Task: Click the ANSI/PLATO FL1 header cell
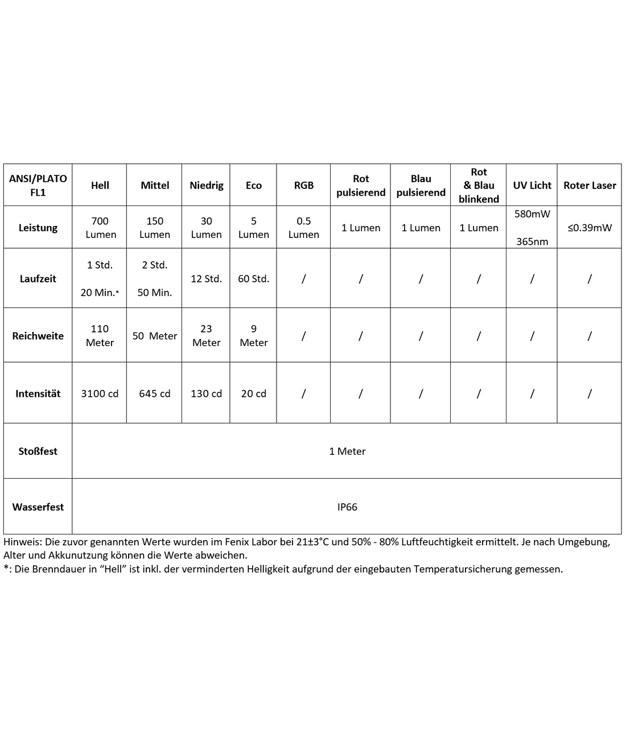point(38,185)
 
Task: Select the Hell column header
point(100,185)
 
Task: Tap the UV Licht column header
point(532,185)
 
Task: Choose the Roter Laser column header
point(590,185)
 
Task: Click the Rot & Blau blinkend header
point(479,185)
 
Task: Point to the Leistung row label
point(38,228)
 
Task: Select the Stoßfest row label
point(38,451)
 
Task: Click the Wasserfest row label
point(38,507)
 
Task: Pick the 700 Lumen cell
point(100,228)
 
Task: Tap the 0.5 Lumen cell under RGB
point(303,228)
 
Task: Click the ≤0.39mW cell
point(590,228)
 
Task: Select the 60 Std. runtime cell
point(253,278)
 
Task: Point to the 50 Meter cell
point(155,336)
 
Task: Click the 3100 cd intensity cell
point(100,393)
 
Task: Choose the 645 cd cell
point(155,393)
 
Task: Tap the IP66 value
point(347,507)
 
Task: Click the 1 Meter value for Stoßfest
point(347,451)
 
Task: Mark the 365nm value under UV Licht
point(532,241)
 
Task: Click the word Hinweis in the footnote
point(22,542)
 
